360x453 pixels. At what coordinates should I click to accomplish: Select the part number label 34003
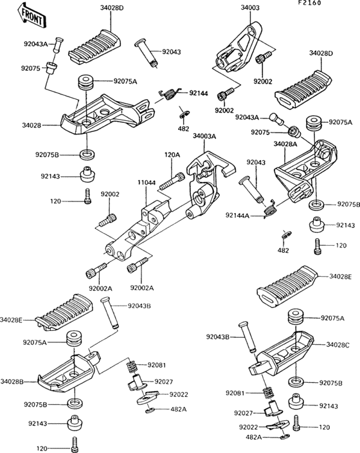(x=251, y=8)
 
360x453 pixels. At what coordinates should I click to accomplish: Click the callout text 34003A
(x=205, y=136)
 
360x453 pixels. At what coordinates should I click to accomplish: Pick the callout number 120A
(x=172, y=155)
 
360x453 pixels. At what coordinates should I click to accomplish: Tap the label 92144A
(x=237, y=216)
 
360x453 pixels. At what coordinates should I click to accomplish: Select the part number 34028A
(x=285, y=144)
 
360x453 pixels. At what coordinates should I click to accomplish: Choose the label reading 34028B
(x=12, y=382)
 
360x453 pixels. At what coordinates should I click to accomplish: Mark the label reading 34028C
(x=338, y=346)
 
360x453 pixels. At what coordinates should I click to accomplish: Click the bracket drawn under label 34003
(x=238, y=48)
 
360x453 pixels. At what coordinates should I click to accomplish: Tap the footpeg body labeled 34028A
(x=302, y=171)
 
